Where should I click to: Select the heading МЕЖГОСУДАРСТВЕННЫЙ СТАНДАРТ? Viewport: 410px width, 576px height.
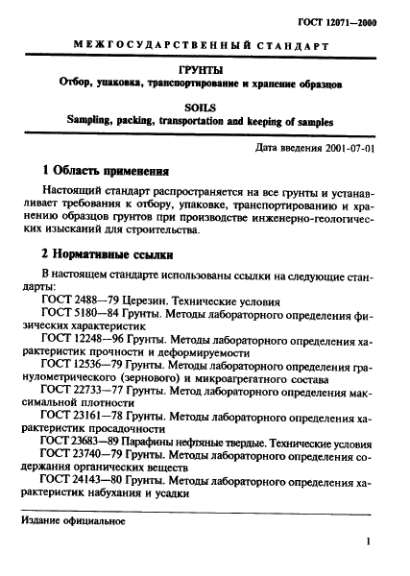pyautogui.click(x=205, y=48)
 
